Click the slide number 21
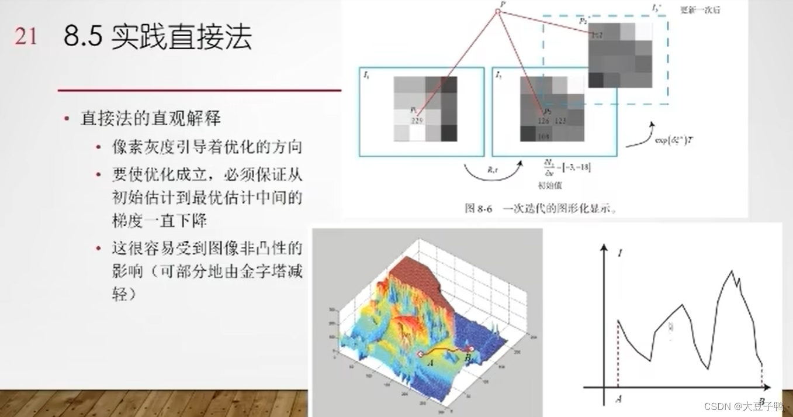point(25,37)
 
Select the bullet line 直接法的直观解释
point(151,119)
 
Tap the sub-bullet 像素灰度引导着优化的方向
point(207,146)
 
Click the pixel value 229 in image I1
point(417,120)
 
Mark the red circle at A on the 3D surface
point(419,354)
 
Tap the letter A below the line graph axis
point(618,399)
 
